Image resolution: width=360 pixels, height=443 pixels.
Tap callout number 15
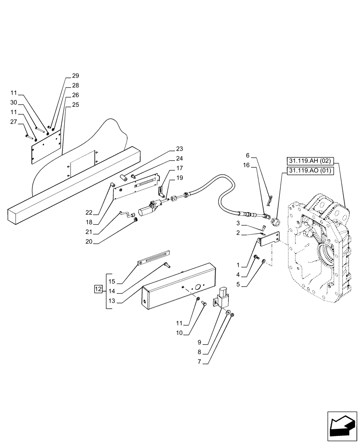coord(112,282)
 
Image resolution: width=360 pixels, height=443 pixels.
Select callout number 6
coord(248,155)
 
